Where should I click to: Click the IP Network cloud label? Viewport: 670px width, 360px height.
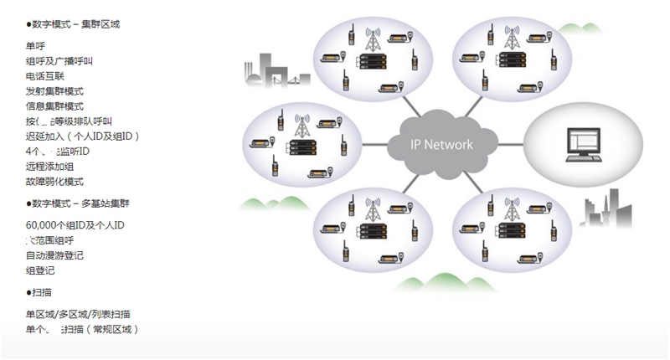pos(441,144)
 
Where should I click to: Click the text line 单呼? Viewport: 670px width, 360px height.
pos(35,46)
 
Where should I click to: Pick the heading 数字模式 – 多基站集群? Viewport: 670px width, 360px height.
pos(80,203)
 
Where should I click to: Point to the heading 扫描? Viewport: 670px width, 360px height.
pos(41,292)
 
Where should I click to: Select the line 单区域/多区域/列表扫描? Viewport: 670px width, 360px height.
pos(78,314)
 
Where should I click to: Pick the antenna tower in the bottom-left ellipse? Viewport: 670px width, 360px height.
pos(373,209)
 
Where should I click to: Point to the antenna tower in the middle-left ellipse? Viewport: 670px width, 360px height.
pos(302,126)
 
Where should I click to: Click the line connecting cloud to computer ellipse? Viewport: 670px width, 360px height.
pos(507,144)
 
